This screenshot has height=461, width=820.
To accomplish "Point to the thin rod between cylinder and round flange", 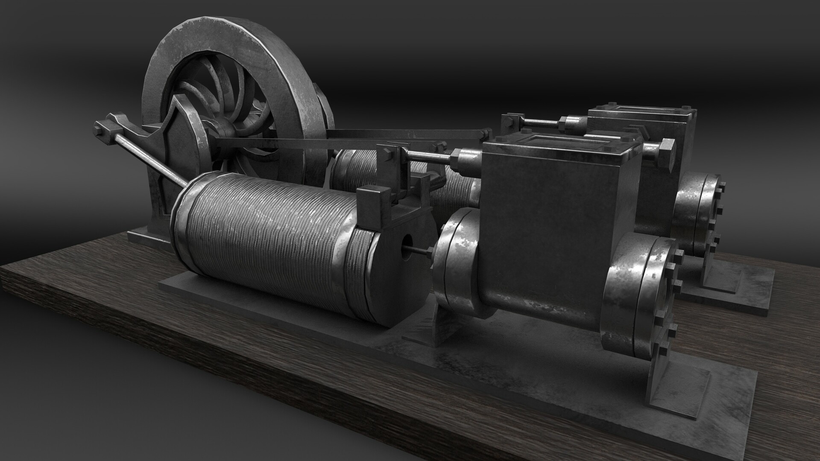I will pos(421,252).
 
